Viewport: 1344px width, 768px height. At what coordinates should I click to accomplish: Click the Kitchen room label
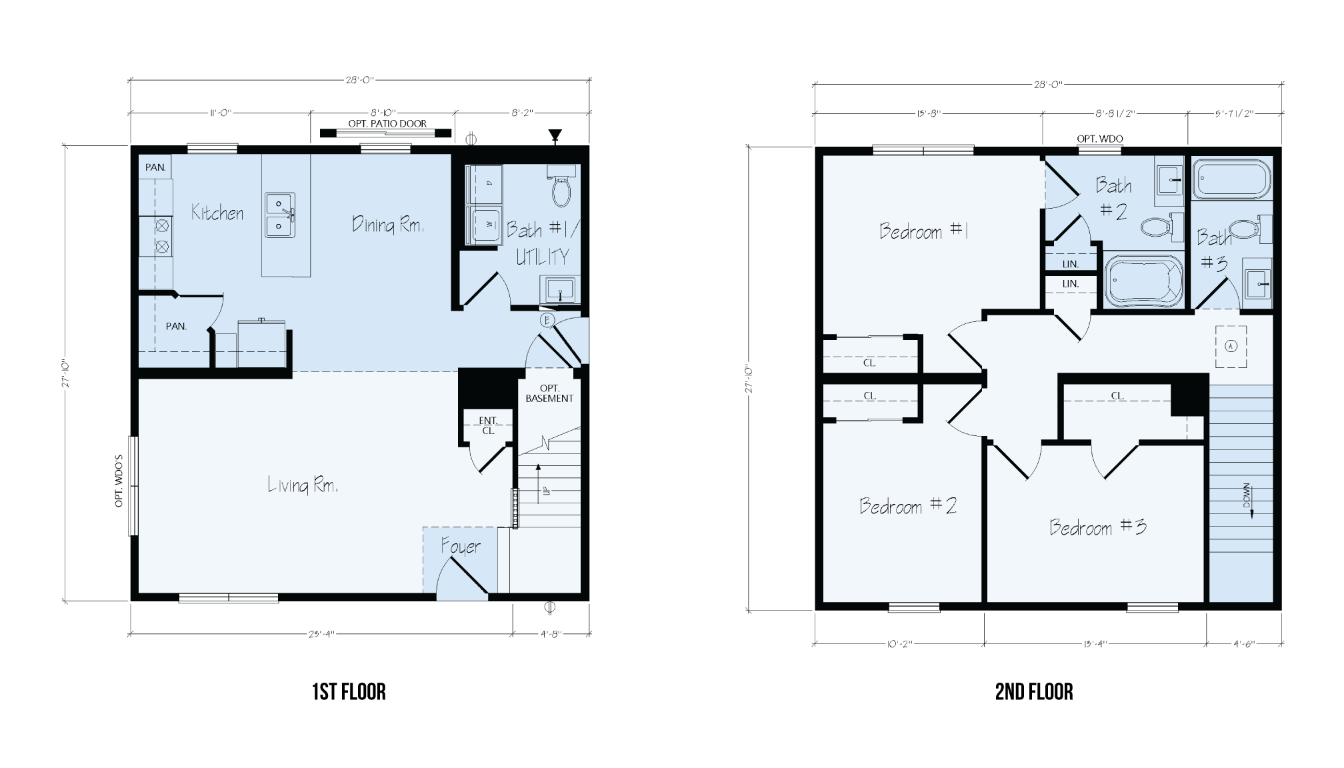(217, 213)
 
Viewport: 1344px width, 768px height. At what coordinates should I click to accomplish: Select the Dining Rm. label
(388, 225)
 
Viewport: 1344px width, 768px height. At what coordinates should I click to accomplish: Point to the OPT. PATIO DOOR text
(387, 123)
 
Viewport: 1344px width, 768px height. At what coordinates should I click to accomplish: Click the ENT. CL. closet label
(488, 425)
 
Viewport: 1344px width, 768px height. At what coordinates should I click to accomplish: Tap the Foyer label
(460, 547)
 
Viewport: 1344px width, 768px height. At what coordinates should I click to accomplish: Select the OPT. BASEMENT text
(549, 393)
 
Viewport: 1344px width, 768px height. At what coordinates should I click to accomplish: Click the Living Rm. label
(303, 485)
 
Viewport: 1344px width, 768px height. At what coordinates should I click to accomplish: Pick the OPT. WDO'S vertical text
(119, 481)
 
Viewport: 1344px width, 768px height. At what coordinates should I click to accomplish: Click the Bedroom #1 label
(923, 231)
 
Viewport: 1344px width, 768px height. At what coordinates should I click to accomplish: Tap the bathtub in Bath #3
(1231, 178)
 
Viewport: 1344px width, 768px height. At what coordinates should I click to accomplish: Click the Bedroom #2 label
(908, 506)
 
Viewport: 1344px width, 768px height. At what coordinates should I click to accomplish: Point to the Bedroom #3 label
(1097, 527)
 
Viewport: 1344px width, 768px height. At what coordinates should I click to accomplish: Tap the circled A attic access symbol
(1231, 346)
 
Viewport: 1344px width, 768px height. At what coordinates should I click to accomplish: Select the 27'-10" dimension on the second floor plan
(749, 378)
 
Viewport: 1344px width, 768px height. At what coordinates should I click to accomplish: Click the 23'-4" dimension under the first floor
(321, 634)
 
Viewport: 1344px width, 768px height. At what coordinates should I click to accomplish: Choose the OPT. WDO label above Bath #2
(1100, 139)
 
